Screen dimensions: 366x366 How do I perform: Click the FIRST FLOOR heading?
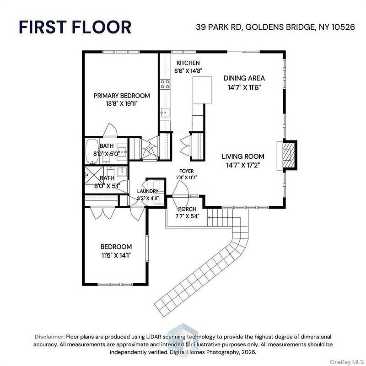[x=75, y=27]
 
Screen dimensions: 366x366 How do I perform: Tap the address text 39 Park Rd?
[x=219, y=27]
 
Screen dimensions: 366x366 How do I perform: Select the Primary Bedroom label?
[x=122, y=96]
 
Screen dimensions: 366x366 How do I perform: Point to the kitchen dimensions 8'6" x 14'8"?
[x=188, y=71]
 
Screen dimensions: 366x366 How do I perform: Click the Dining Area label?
[x=244, y=78]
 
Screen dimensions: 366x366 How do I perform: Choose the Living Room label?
[x=243, y=156]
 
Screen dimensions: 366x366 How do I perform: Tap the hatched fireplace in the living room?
[x=289, y=155]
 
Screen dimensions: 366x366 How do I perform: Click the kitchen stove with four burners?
[x=165, y=84]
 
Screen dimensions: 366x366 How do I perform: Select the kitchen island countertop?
[x=202, y=90]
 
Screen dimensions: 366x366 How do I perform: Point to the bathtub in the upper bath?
[x=92, y=151]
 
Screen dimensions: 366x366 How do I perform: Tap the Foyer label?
[x=187, y=171]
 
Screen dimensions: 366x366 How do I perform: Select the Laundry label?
[x=148, y=191]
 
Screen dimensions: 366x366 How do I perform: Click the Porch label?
[x=187, y=209]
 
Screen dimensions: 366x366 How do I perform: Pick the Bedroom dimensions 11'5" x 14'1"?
[x=116, y=255]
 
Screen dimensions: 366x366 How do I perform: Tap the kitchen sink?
[x=165, y=113]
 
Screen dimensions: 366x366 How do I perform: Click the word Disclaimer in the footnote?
[x=49, y=337]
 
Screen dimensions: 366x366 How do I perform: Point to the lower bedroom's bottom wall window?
[x=115, y=284]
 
